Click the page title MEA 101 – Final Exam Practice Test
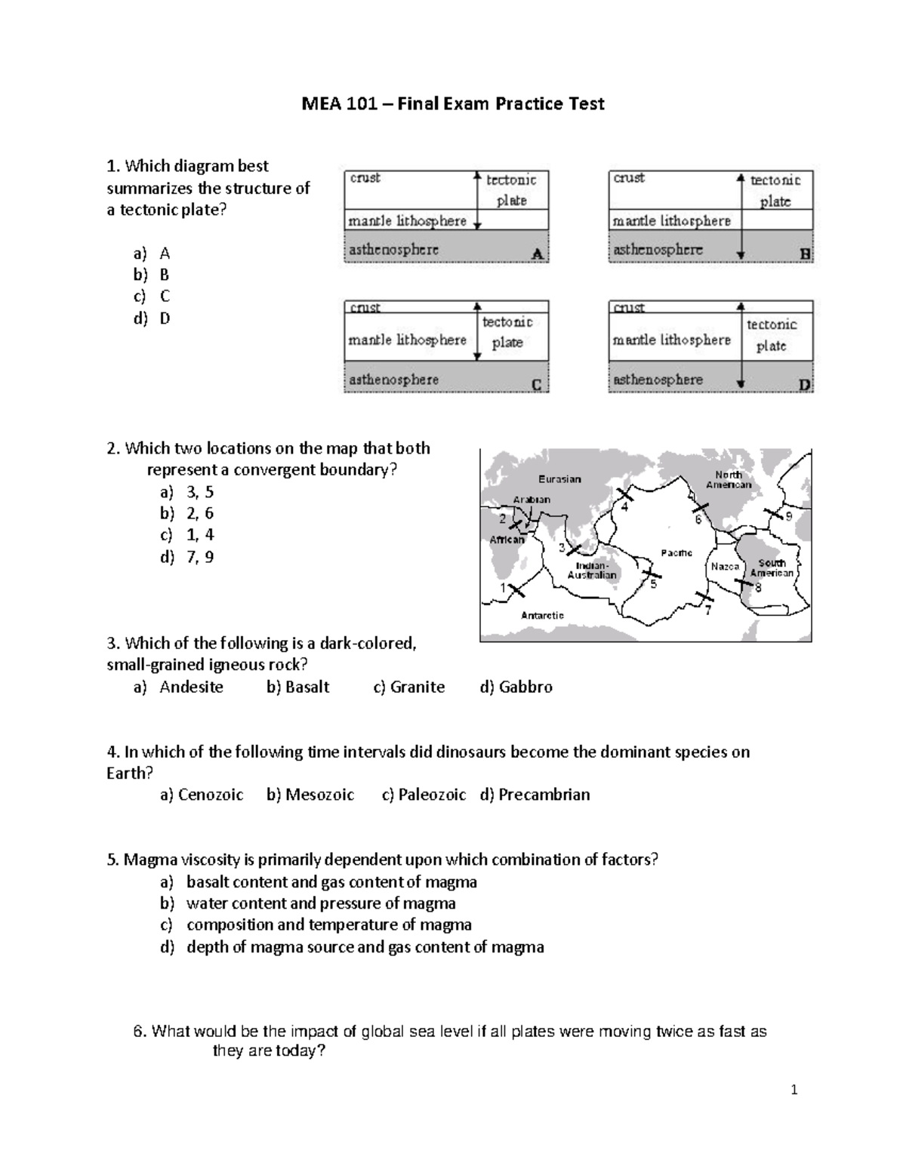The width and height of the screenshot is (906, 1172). tap(453, 103)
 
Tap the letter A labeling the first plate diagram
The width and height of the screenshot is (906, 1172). tap(538, 254)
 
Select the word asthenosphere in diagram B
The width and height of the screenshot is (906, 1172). tap(658, 250)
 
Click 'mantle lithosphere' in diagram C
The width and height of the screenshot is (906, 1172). tap(407, 340)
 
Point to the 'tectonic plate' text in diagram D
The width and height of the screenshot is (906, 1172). tap(772, 335)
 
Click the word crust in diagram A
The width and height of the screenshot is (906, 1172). tap(365, 178)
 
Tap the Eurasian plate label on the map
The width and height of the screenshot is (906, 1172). tap(559, 479)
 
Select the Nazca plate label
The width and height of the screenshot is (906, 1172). tap(725, 566)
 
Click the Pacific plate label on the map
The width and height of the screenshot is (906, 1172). tap(676, 553)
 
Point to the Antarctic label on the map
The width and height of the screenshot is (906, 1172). tap(542, 615)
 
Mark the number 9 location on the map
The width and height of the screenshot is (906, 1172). tap(788, 517)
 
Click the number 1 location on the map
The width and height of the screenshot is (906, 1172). tap(504, 587)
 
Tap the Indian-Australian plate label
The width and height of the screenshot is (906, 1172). tap(592, 571)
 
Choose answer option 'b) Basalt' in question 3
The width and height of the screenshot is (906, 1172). tap(298, 687)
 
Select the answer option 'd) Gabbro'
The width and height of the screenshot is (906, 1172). tap(516, 687)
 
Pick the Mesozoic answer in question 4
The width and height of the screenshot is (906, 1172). tap(310, 795)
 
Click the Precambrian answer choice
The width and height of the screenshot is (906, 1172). tap(535, 795)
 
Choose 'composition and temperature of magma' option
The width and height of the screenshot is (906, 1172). tap(328, 924)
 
